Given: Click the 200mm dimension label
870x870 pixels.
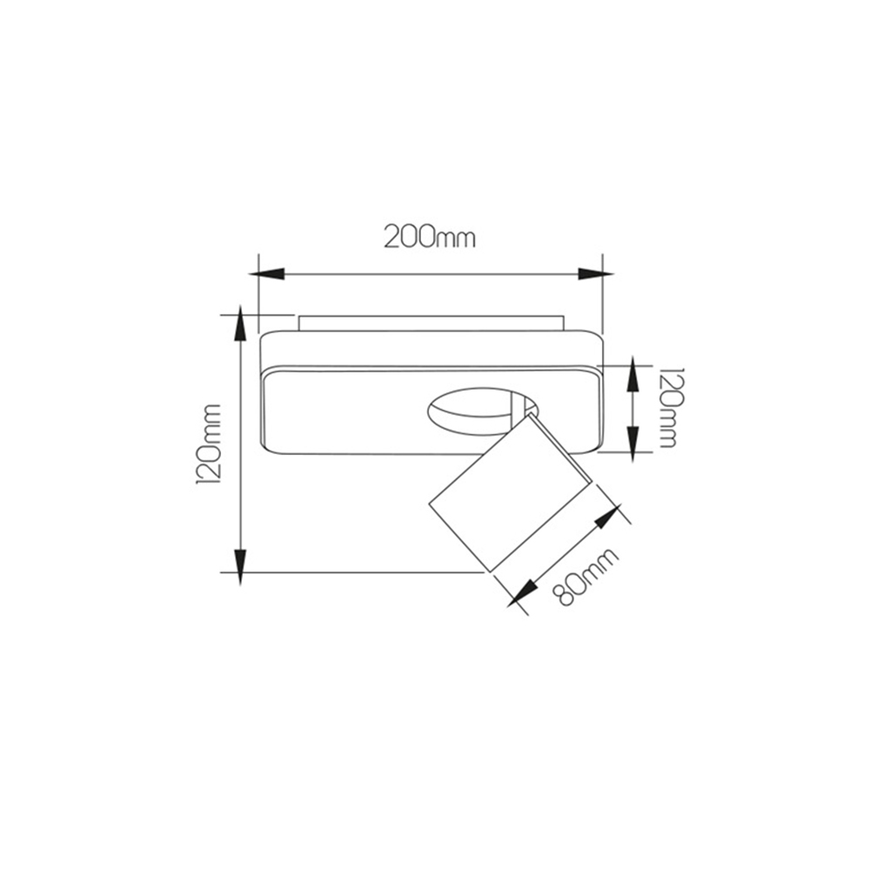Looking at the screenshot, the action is coord(430,238).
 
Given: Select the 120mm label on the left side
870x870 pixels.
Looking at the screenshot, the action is coord(209,445).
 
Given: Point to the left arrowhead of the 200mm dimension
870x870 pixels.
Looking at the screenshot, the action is coord(266,273).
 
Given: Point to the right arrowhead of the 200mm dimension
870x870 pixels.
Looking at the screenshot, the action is coord(596,273).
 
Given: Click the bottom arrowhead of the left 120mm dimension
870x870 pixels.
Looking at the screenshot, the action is coord(240,567).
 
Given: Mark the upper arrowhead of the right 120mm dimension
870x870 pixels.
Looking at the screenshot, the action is coord(633,376).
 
